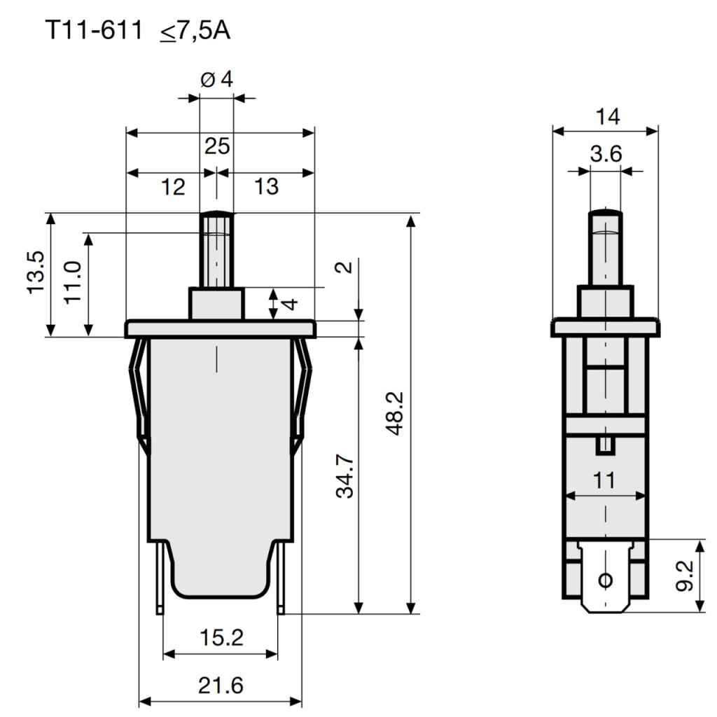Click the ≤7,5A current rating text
click(x=194, y=31)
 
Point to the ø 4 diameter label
click(x=216, y=79)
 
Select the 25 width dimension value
click(x=217, y=146)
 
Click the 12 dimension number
click(x=173, y=186)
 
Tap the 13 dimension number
click(x=266, y=186)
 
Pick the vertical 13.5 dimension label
click(x=37, y=273)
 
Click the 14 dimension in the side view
click(x=607, y=117)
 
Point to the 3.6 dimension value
click(x=606, y=155)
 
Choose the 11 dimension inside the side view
click(x=604, y=480)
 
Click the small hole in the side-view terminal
click(x=606, y=580)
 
